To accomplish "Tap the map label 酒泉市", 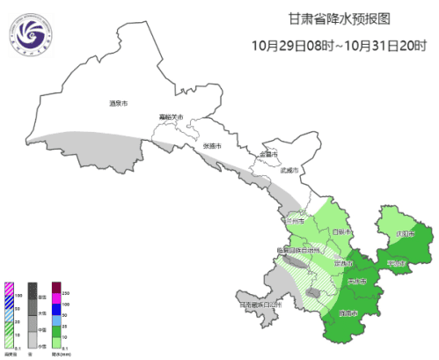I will tap(120, 104).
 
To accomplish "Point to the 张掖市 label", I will tap(213, 144).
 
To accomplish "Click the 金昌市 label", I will tap(268, 155).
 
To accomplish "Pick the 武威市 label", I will tap(289, 171).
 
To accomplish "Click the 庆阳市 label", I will tap(404, 234).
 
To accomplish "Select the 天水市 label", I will tap(357, 282).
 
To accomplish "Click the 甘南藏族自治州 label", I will tap(258, 305).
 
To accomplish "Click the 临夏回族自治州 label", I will tap(300, 250).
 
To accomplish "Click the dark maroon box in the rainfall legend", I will tap(56, 288).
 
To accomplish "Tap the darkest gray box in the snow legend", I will tap(33, 288).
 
